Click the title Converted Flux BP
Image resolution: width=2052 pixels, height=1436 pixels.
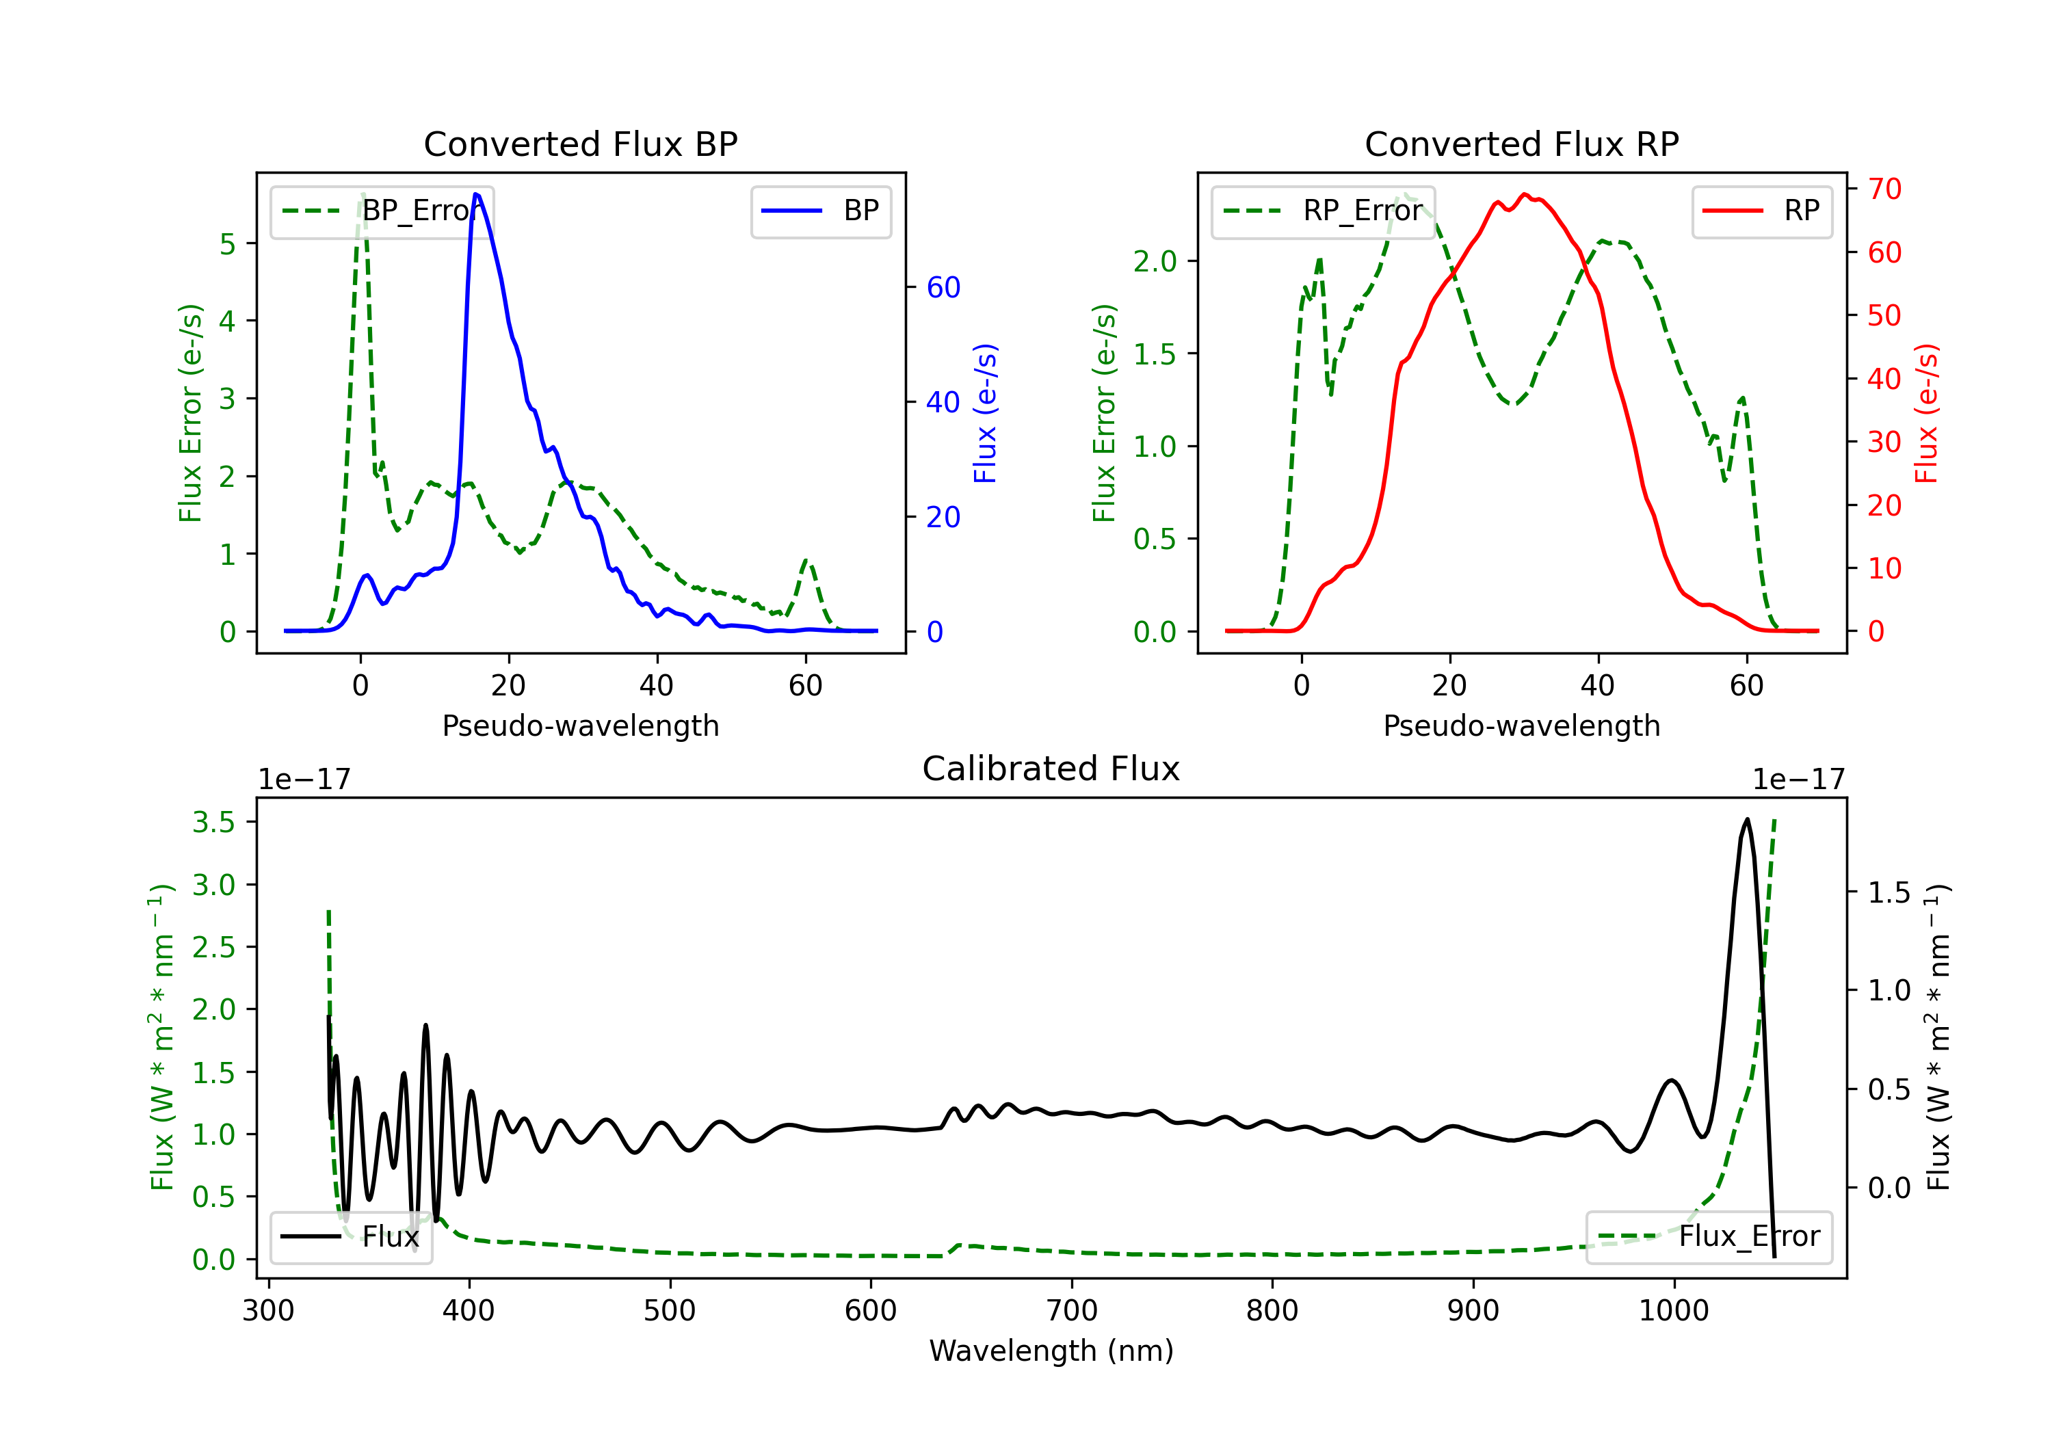pos(580,144)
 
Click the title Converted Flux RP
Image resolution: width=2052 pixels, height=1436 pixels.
pos(1521,144)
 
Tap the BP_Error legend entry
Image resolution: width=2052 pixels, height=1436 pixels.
pos(382,211)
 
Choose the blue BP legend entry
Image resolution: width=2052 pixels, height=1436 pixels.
pos(820,211)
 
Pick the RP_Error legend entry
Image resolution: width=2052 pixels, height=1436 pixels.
pos(1323,211)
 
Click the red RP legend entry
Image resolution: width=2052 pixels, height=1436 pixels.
pos(1761,211)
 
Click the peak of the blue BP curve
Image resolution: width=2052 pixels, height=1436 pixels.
pos(475,194)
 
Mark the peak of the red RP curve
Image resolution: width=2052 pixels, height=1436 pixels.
pos(1525,195)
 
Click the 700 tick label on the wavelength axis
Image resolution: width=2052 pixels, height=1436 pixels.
pos(1072,1311)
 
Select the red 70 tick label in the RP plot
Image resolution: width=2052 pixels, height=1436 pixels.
pos(1884,189)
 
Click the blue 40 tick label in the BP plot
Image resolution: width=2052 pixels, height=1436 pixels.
pos(943,402)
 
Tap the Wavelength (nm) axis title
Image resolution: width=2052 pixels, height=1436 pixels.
pos(1051,1351)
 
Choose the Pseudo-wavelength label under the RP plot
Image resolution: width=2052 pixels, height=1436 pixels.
pos(1521,726)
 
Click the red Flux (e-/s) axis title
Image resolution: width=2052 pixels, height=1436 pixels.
pos(1927,413)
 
